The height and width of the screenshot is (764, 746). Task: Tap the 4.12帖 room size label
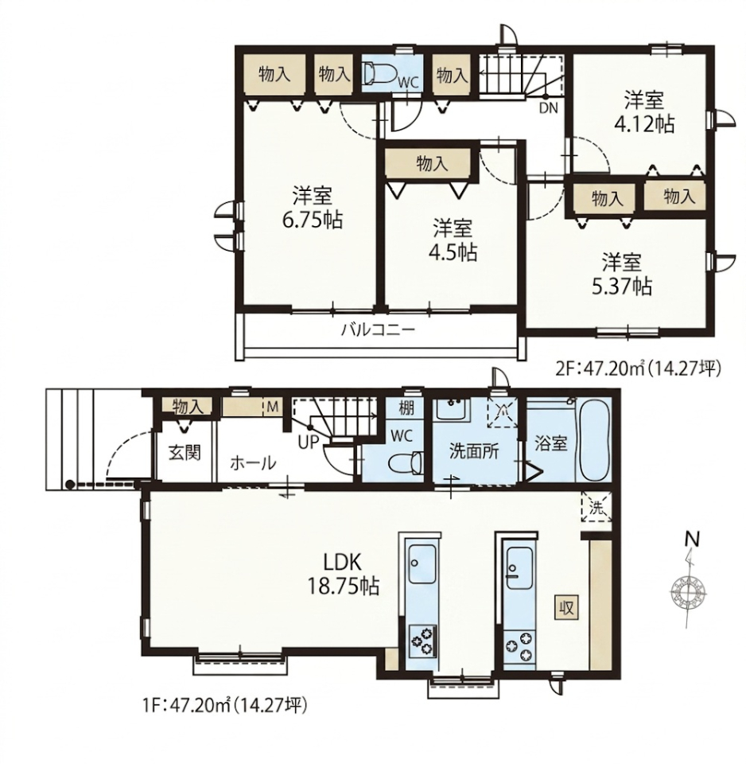644,125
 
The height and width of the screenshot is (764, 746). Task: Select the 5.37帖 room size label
622,287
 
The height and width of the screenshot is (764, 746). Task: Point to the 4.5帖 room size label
453,252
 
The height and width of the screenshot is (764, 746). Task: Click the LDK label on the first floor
342,563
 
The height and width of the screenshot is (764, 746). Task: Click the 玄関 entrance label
185,452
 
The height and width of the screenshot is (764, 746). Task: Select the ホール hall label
253,462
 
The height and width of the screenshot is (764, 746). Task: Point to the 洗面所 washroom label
474,452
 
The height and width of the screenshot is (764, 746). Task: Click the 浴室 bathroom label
550,443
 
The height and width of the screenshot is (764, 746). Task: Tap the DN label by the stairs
548,108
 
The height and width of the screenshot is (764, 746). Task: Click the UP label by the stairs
309,442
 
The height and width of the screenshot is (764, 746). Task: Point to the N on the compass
692,540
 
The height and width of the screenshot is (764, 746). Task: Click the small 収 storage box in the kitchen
567,607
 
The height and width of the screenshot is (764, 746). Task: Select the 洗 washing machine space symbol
596,507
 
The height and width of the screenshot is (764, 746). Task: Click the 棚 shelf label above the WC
406,408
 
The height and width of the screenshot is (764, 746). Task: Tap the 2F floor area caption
638,368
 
